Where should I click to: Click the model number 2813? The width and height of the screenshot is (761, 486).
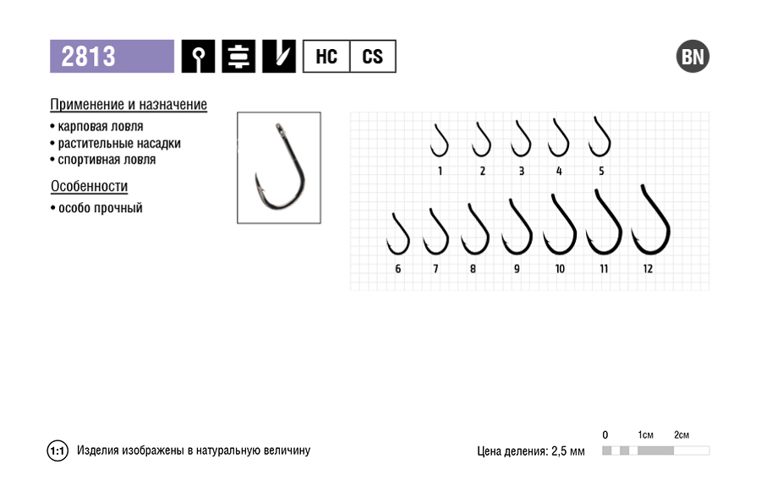pyautogui.click(x=88, y=57)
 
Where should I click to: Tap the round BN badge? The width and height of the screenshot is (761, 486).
pyautogui.click(x=693, y=57)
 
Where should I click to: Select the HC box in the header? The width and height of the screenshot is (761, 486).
pyautogui.click(x=326, y=57)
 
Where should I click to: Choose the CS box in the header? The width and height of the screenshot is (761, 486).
pyautogui.click(x=373, y=57)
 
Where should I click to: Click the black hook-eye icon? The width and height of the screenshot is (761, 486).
pyautogui.click(x=198, y=57)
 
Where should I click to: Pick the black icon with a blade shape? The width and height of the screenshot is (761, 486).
pyautogui.click(x=279, y=57)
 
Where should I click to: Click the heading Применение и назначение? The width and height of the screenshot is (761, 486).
pyautogui.click(x=129, y=104)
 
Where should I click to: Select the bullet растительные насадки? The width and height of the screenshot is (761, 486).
pyautogui.click(x=116, y=144)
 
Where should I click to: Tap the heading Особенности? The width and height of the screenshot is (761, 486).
pyautogui.click(x=90, y=186)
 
